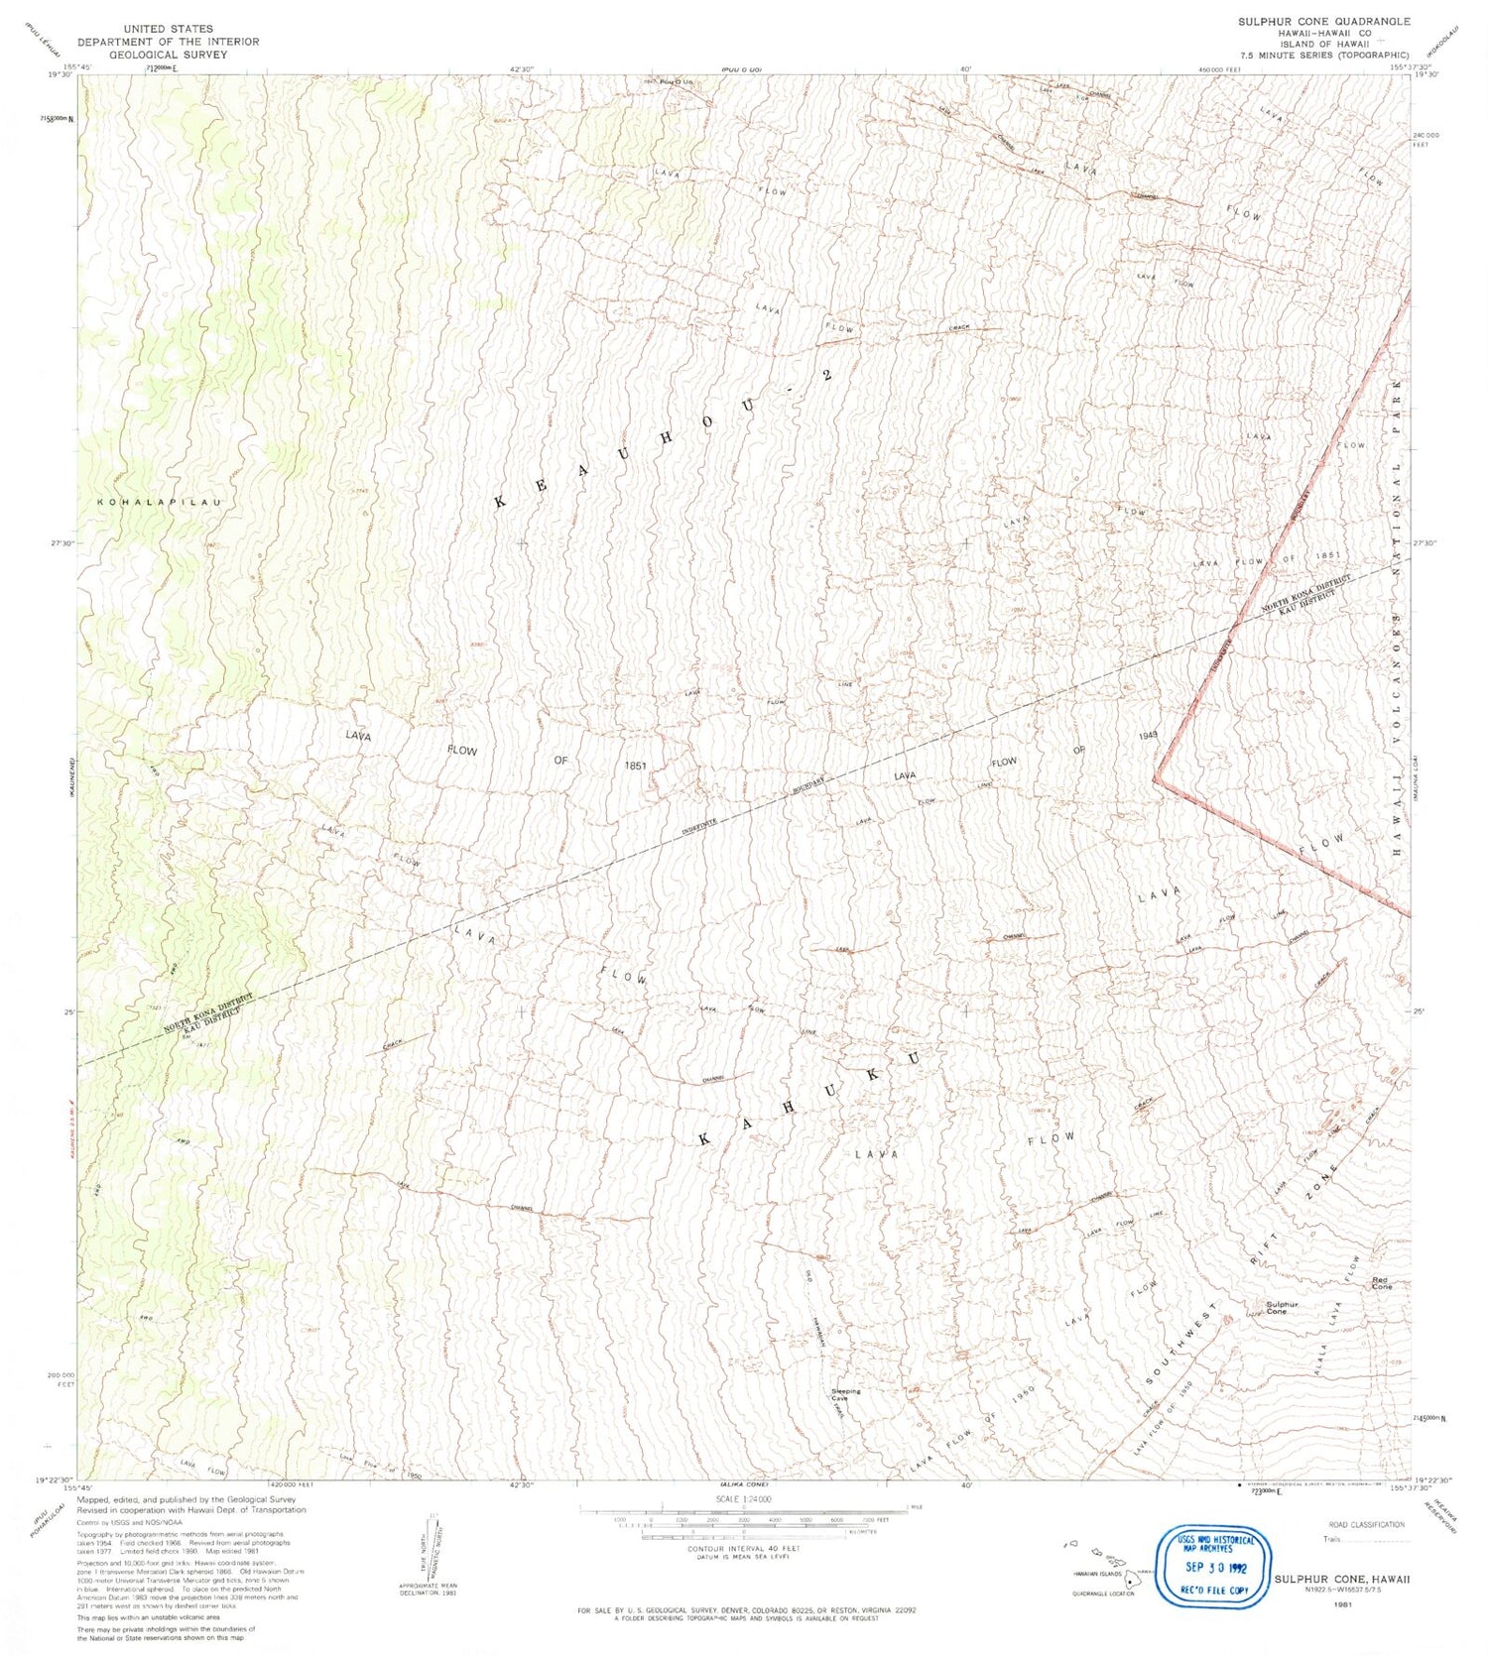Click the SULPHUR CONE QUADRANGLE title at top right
1323,21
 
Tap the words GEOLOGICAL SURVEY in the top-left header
169,55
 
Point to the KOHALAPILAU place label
159,503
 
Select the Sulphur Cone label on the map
1282,1308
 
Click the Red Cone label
1381,1283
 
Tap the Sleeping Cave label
845,1394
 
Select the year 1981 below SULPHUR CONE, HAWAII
1344,1604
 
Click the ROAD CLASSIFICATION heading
1366,1524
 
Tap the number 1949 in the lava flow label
1149,736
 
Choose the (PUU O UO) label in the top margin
741,69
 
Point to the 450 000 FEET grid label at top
1219,69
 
